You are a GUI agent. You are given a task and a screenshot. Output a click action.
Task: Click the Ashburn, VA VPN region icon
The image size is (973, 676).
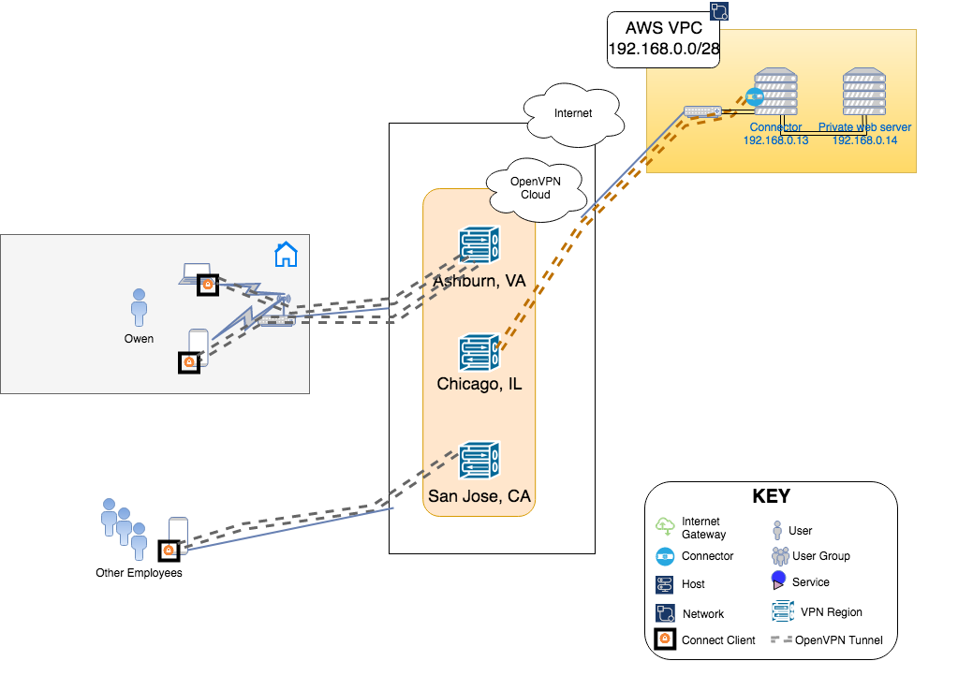tap(479, 246)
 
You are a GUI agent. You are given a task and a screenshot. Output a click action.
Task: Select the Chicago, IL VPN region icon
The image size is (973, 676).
tap(479, 352)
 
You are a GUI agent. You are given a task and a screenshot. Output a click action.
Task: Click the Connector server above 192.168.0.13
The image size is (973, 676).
tap(776, 91)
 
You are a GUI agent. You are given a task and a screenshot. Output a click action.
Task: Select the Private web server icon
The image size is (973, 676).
tap(864, 91)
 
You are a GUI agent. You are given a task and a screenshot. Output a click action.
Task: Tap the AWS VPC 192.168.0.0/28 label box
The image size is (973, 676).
tap(664, 40)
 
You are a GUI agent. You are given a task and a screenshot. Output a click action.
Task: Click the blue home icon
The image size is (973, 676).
tap(286, 254)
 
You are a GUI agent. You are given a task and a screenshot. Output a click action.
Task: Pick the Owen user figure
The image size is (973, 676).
tap(139, 307)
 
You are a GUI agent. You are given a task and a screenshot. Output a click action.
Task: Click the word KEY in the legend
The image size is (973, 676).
tap(771, 497)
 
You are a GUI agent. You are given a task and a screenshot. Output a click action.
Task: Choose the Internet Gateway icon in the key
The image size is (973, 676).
tap(666, 526)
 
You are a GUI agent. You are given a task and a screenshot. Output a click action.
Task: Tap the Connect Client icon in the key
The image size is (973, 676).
tap(665, 640)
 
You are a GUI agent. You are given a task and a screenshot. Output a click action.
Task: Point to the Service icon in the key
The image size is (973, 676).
tap(778, 580)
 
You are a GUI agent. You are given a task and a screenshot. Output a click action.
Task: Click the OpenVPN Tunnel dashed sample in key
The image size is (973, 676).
tap(780, 640)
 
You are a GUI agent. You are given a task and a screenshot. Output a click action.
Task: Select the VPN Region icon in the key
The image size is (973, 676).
tap(783, 611)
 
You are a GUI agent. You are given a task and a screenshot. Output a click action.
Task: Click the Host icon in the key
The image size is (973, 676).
tap(665, 584)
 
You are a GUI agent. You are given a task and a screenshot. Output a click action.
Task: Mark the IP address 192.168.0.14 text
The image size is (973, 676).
tap(864, 140)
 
